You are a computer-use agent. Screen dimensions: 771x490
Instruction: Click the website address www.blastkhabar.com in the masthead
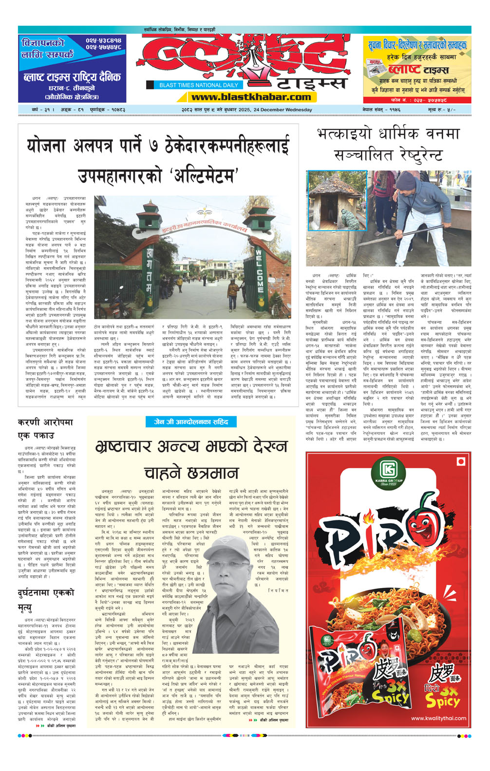tap(251, 97)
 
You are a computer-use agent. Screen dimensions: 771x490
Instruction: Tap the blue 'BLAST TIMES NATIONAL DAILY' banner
tap(199, 85)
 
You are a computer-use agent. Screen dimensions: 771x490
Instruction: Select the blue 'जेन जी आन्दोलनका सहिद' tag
tap(191, 422)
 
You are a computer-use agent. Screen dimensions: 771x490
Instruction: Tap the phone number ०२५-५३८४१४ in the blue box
tap(103, 40)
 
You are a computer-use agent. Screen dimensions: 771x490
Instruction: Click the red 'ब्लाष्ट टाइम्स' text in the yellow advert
tap(418, 70)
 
